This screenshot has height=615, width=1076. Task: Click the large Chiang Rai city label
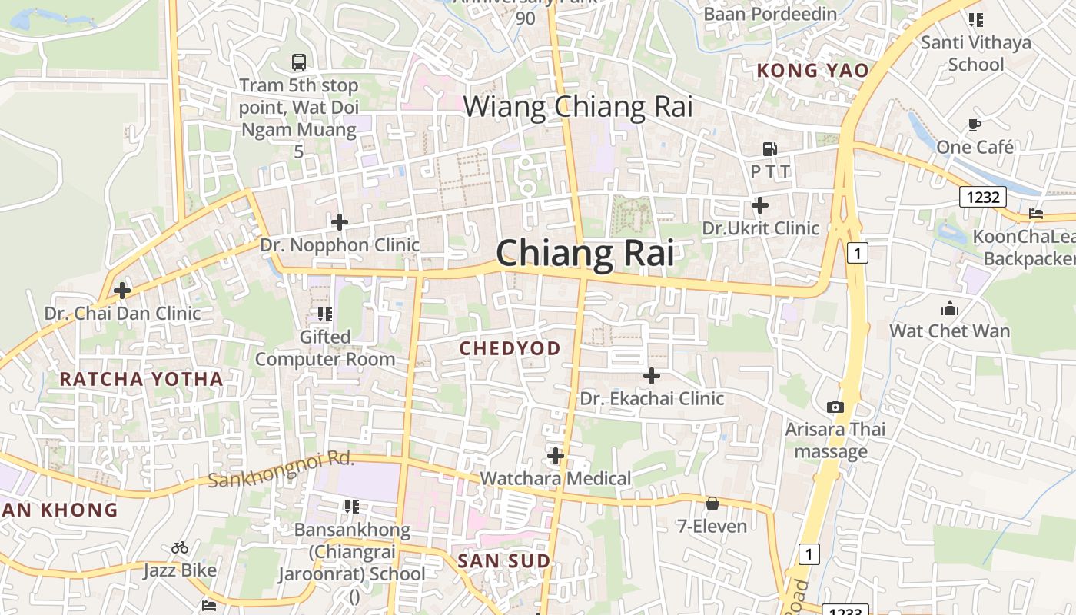pos(585,253)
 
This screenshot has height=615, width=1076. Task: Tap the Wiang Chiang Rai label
pos(577,107)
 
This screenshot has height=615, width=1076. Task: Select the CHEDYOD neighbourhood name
pos(510,348)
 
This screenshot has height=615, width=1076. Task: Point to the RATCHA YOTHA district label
pos(141,379)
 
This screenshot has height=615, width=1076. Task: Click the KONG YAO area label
pos(812,71)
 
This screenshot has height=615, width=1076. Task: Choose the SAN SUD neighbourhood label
pos(504,561)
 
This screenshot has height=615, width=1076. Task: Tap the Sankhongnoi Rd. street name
pos(281,469)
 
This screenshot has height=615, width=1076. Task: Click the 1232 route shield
pos(983,198)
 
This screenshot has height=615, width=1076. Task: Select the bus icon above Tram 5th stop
pos(298,62)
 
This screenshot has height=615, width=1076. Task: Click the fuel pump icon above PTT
pos(769,149)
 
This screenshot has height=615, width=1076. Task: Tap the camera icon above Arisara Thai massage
pos(835,407)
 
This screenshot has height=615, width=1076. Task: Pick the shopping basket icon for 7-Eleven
pos(712,504)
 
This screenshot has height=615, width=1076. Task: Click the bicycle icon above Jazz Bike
pos(180,547)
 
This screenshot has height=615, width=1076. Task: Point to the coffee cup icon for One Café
pos(975,125)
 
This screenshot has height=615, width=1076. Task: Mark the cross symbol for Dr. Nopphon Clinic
pos(339,222)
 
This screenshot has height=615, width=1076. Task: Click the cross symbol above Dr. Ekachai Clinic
pos(651,376)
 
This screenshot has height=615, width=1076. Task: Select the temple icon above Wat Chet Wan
pos(950,308)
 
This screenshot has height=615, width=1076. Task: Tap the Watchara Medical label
pos(555,479)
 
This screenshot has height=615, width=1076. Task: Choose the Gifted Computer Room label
pos(325,348)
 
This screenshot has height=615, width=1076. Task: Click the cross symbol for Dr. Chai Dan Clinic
pos(121,291)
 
